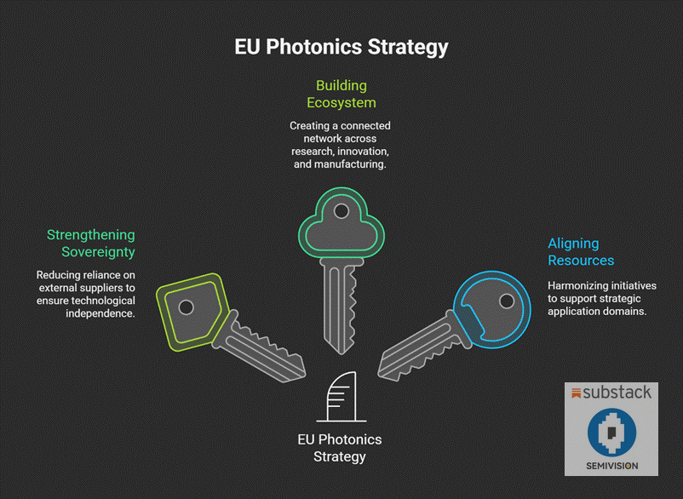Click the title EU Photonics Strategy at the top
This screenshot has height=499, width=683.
tap(341, 46)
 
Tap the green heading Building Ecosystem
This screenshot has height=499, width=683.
tap(341, 94)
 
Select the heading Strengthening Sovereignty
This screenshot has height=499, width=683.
tap(90, 243)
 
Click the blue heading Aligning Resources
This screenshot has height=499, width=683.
tap(581, 252)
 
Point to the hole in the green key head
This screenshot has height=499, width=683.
tap(341, 210)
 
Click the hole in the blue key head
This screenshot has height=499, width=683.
tap(507, 301)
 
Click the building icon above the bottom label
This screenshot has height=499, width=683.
tap(341, 397)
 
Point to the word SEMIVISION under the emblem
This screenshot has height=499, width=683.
tap(612, 465)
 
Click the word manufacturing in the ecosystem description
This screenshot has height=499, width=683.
tap(353, 164)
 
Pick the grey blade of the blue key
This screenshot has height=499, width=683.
tap(417, 346)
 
